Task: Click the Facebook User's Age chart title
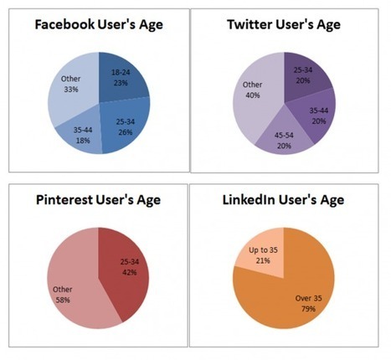click(x=98, y=24)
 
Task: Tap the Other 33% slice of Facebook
click(x=71, y=88)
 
